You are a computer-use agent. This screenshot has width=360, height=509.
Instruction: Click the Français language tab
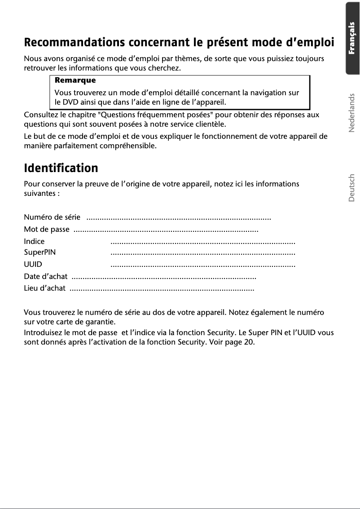353,38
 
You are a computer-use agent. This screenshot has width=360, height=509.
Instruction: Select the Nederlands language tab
352,113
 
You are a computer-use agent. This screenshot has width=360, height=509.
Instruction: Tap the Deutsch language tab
352,187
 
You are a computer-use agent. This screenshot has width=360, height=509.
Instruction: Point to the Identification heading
61,168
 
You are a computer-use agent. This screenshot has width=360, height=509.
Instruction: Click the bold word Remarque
75,80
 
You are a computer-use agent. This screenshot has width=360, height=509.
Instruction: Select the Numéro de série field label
52,218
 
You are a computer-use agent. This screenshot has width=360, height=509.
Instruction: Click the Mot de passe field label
47,230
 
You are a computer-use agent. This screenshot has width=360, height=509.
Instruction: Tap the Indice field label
34,242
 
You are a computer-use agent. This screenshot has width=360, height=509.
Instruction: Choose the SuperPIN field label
40,253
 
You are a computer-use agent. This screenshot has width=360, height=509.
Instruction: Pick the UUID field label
33,265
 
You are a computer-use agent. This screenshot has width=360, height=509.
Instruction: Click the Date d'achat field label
45,277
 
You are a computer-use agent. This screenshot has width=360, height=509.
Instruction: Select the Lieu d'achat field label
44,288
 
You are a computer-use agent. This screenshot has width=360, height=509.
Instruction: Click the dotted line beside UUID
202,266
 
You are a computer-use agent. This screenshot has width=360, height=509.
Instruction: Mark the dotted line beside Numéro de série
178,219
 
